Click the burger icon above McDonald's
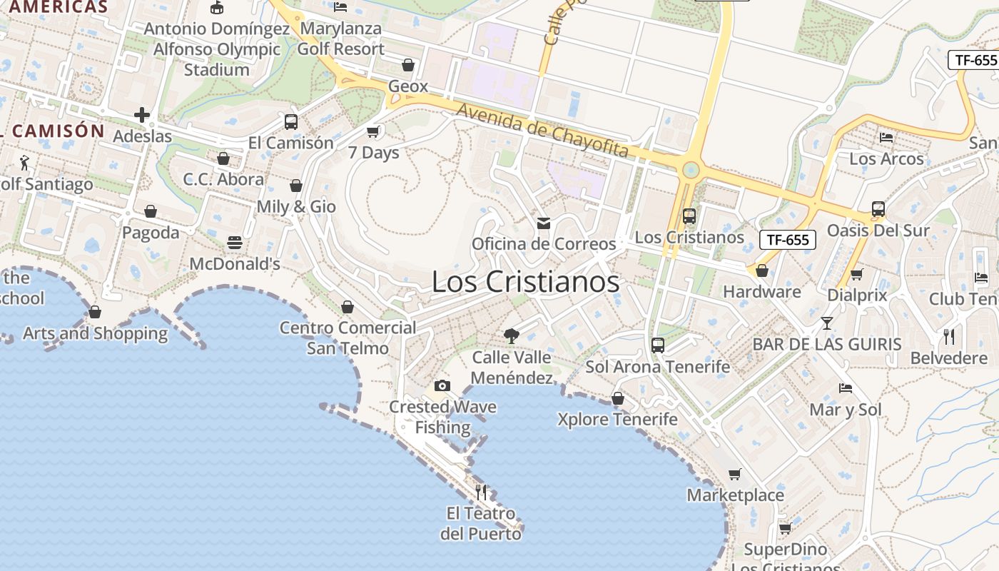pos(235,243)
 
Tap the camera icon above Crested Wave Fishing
pos(442,386)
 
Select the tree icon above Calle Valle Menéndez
pos(511,335)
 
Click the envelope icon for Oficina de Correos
pos(544,223)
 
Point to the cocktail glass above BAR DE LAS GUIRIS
pos(826,323)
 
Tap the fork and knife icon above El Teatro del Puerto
pos(481,492)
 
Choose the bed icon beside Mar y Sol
pos(846,388)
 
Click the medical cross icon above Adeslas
pos(142,115)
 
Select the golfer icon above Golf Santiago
pos(25,163)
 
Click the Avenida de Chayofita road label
pos(542,131)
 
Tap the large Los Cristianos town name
pos(526,282)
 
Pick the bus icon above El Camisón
pos(290,121)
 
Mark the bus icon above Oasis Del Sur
pos(878,209)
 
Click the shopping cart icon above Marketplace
pos(735,474)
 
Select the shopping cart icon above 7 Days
pos(372,131)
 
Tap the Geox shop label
pos(408,86)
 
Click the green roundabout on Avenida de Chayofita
pos(690,170)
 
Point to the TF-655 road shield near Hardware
pos(787,240)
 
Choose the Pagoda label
pos(151,233)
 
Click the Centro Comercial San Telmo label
pos(348,338)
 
